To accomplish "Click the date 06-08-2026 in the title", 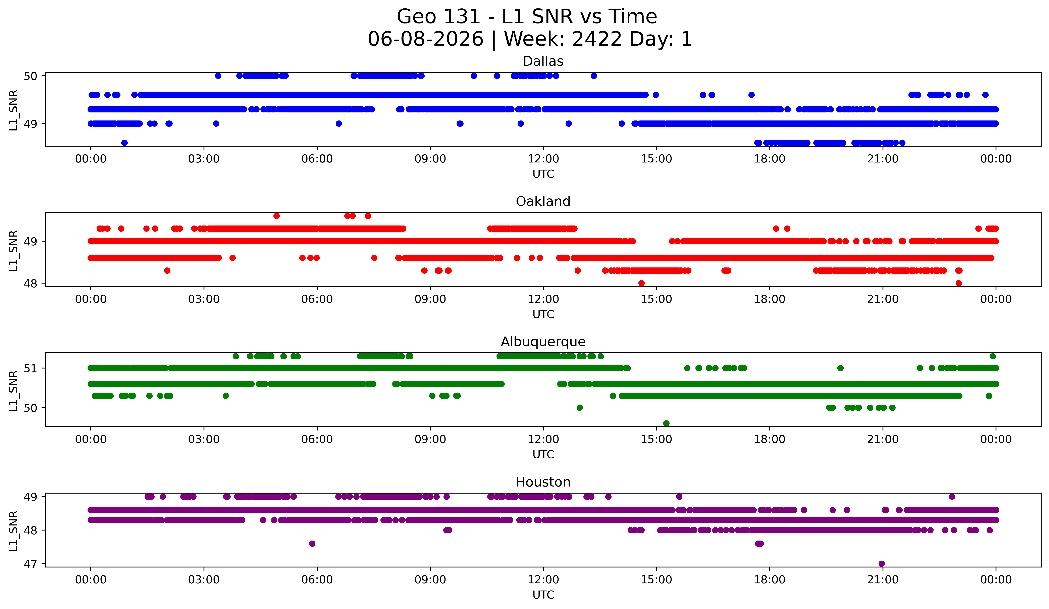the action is point(425,39).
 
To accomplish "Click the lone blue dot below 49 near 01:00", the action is point(124,143).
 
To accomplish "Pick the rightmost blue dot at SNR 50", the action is point(594,76).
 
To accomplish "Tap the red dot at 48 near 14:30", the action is point(641,283).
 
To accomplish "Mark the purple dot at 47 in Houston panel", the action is point(882,564).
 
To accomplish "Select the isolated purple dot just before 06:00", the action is point(312,544).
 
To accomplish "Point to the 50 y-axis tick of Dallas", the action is point(30,76).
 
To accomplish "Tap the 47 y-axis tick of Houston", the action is point(30,564).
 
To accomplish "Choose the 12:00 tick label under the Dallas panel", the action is point(543,159).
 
